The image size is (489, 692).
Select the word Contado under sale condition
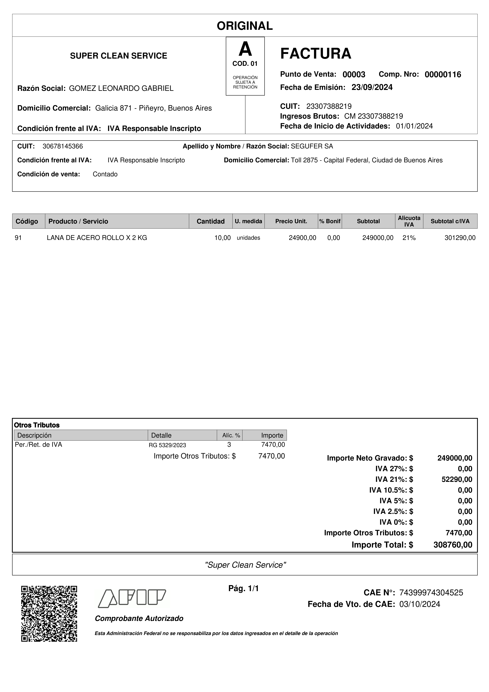(105, 174)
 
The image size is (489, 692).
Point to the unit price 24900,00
(302, 238)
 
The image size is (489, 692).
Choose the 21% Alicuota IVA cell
(409, 238)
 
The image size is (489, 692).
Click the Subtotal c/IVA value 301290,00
(460, 238)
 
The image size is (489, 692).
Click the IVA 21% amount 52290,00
(457, 479)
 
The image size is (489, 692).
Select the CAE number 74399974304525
(431, 592)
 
